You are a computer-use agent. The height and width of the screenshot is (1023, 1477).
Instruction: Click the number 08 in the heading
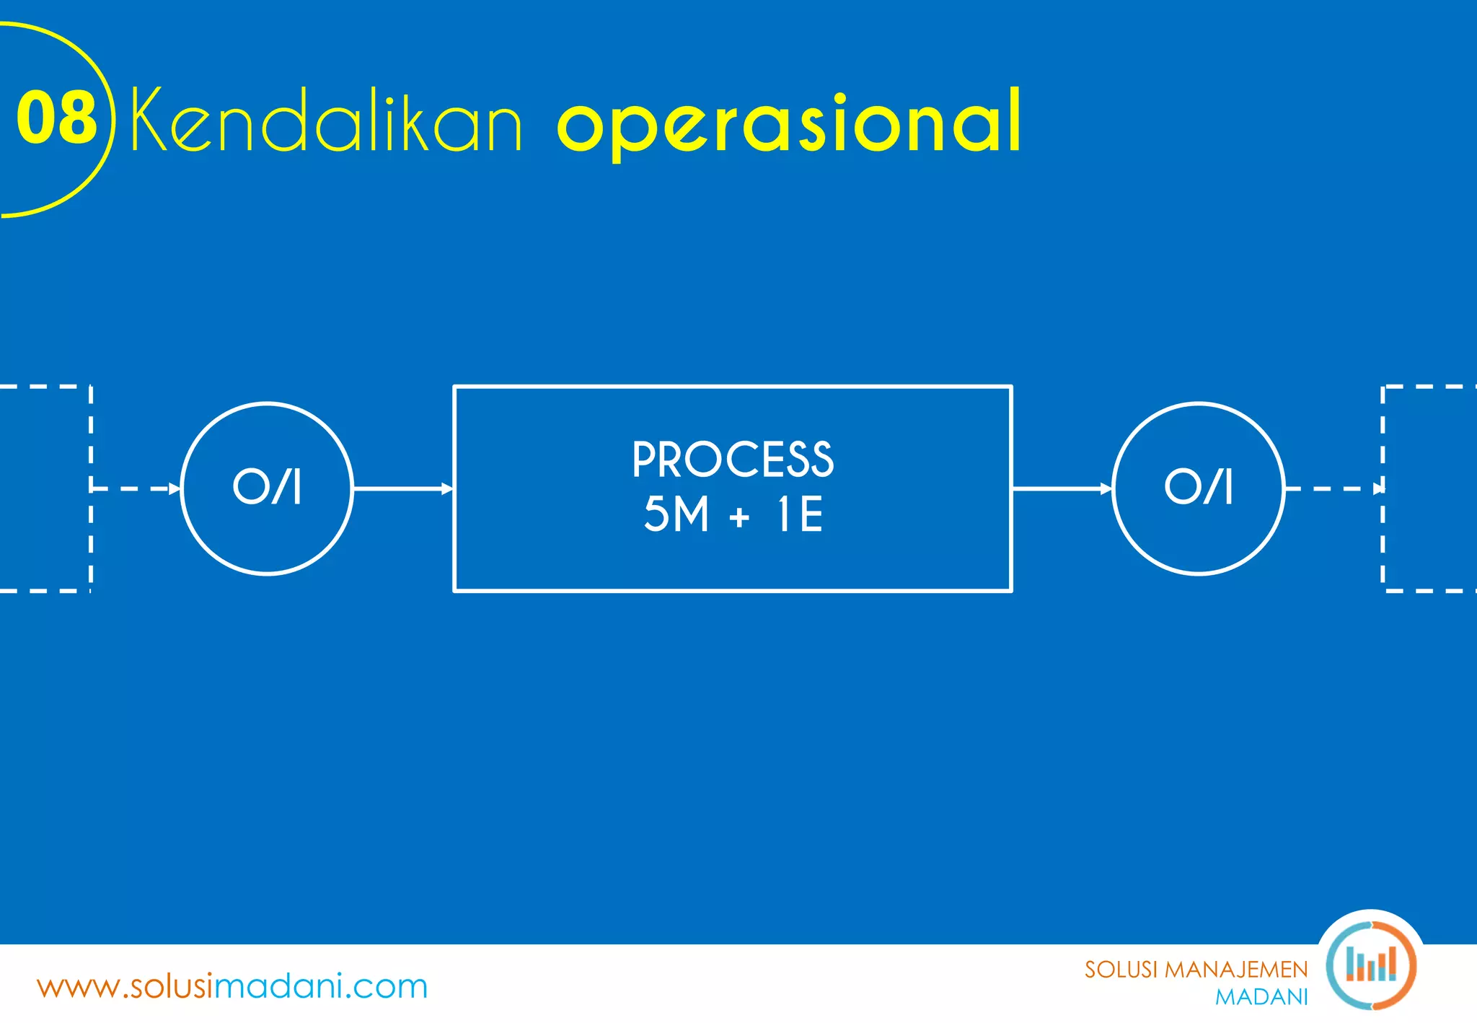pos(56,118)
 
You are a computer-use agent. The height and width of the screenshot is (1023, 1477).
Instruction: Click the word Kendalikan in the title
pos(326,120)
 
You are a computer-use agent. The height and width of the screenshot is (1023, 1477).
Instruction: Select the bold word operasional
pos(789,123)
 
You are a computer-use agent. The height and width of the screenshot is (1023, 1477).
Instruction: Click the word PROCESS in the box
pos(733,460)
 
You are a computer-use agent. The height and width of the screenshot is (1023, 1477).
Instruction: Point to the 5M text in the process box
pos(676,514)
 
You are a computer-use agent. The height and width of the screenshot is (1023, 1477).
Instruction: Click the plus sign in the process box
pos(739,517)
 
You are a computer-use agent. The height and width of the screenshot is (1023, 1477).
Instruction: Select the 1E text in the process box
pos(800,514)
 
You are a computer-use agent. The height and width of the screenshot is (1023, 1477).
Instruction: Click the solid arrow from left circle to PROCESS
pos(402,488)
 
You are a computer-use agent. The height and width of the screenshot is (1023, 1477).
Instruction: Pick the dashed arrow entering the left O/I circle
pos(136,488)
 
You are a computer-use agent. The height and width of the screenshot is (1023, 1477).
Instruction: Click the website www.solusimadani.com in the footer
pos(232,986)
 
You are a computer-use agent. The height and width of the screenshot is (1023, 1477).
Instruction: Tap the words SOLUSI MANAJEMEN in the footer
pos(1196,970)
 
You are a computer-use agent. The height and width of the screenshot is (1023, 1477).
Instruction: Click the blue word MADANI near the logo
pos(1261,997)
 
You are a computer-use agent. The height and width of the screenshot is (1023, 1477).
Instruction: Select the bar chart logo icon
pos(1370,965)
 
